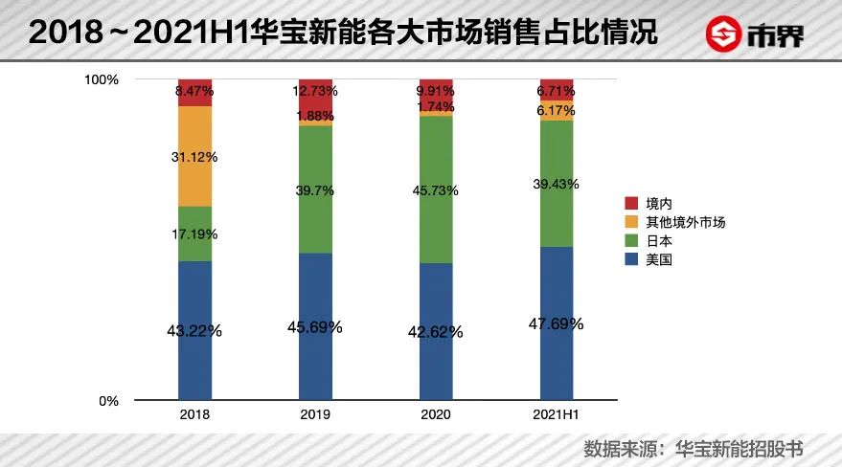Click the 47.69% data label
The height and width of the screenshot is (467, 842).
click(557, 323)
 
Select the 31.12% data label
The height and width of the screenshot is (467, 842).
click(194, 157)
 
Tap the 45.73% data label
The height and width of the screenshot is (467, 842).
click(436, 191)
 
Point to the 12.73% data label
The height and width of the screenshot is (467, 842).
click(315, 91)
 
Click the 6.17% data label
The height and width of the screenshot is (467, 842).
click(557, 111)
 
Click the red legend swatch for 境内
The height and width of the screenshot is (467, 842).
click(630, 204)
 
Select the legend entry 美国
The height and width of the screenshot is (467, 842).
click(660, 258)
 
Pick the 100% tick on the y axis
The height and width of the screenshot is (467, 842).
click(102, 79)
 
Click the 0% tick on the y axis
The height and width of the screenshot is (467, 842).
click(108, 401)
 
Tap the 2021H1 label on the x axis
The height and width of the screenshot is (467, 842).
click(557, 415)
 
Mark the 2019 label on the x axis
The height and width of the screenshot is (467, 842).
click(315, 415)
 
